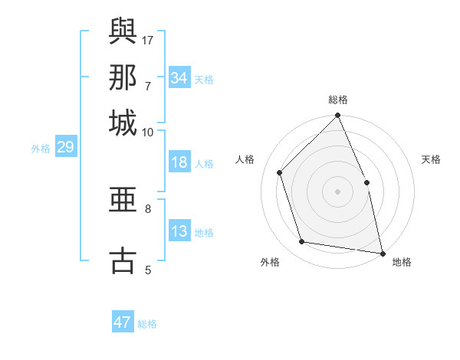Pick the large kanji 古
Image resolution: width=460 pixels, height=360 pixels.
pos(123,260)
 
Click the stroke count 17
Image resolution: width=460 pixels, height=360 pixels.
pos(149,40)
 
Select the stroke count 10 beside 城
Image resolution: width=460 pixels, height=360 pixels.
pos(148,133)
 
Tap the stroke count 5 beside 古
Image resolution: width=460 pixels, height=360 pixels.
pos(148,270)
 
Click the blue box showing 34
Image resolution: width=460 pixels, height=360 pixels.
pos(179,78)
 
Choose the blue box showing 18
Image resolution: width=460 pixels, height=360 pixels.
pos(179,162)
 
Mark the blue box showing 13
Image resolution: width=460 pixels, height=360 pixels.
pos(179,231)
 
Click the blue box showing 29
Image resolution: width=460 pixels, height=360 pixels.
pos(65,147)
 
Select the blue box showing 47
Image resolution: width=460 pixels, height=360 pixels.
pos(123,322)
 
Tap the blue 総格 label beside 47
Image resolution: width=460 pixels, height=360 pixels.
pos(147,324)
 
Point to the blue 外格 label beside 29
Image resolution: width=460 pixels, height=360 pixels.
pos(41,149)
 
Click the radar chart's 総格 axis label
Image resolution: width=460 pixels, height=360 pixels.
pos(338,100)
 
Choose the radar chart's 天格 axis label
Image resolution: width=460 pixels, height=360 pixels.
pos(431,159)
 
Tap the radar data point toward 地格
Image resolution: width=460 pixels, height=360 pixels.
pos(382,252)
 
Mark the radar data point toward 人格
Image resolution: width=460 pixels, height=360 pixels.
pos(280,172)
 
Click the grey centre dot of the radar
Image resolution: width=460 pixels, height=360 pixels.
pos(338,191)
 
